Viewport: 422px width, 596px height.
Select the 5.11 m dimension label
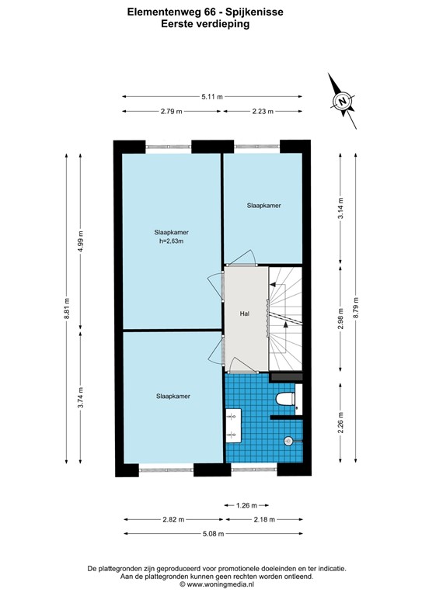211,97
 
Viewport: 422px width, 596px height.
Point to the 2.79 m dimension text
171,112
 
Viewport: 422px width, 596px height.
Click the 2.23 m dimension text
263,112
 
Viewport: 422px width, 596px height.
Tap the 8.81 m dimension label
67,308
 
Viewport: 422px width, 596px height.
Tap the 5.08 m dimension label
211,533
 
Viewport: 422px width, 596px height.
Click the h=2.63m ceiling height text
171,241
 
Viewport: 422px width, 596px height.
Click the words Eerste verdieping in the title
211,24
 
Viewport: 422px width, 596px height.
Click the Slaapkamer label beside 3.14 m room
263,206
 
